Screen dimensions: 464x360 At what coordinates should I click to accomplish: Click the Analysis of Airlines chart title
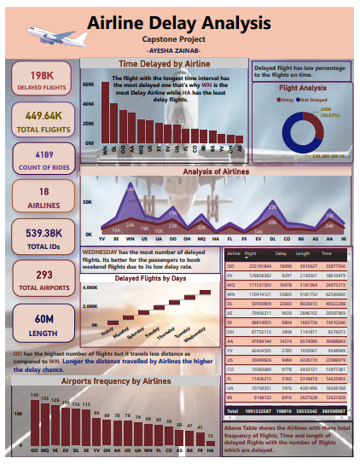217,171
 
